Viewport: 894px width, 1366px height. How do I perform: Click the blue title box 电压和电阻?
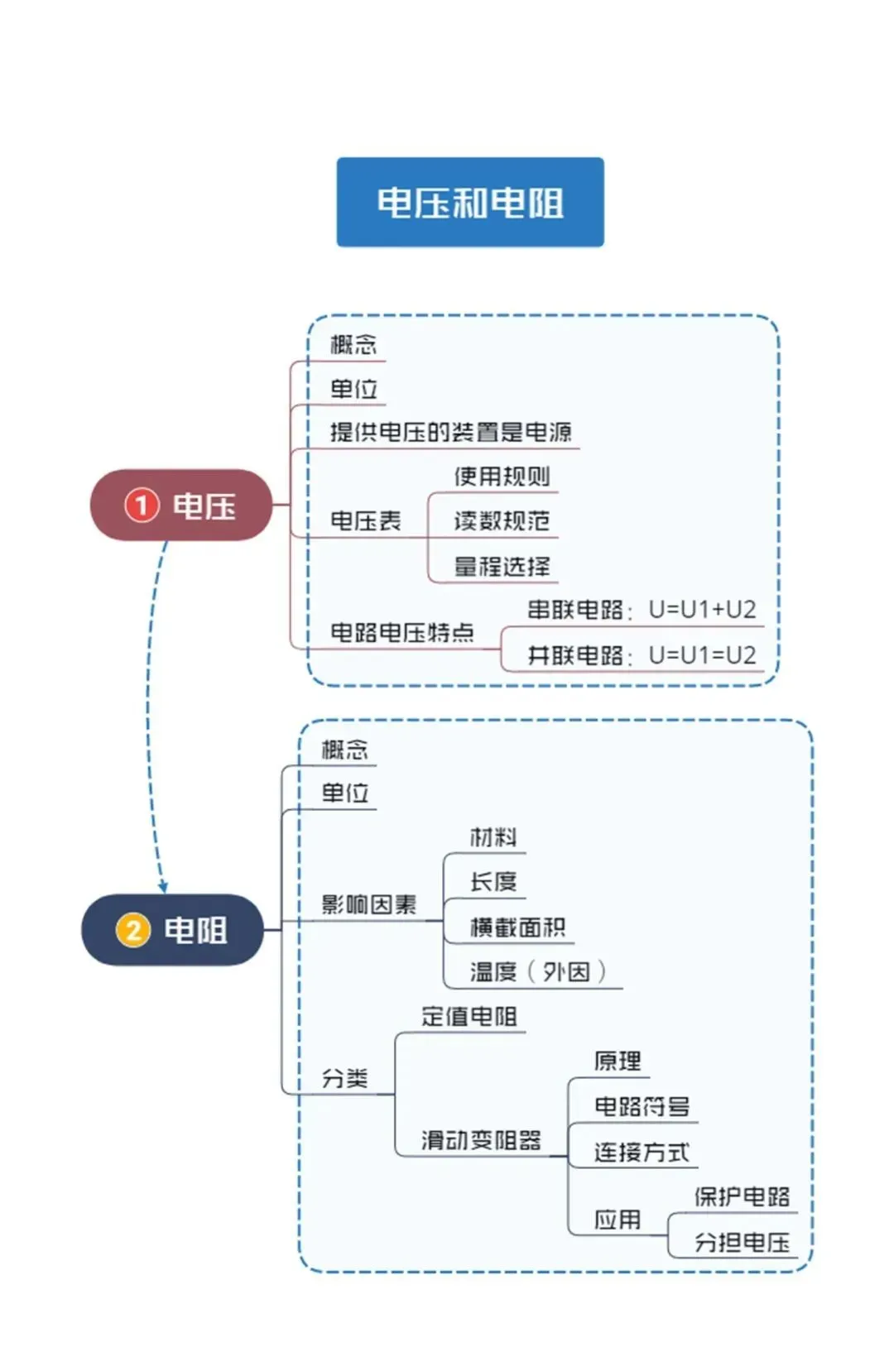(470, 202)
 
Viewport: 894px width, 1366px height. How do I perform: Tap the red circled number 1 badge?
(142, 506)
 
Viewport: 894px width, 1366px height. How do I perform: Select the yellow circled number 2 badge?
(133, 930)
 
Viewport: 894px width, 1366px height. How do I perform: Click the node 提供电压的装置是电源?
(450, 432)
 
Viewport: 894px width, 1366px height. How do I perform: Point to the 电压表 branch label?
(365, 520)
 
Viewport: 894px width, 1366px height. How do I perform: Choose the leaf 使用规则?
(502, 476)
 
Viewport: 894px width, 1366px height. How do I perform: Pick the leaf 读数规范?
(502, 520)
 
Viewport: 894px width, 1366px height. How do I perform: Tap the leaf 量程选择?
(502, 566)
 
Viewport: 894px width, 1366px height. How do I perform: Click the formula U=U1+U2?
(702, 609)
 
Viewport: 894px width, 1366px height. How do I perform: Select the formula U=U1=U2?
(702, 655)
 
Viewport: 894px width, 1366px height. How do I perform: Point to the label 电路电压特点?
(401, 632)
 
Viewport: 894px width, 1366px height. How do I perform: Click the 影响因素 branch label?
(368, 903)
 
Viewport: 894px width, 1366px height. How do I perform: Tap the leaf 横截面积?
(517, 927)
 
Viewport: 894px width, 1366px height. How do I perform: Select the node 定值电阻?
(469, 1017)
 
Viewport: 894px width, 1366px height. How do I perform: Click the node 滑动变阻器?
(481, 1140)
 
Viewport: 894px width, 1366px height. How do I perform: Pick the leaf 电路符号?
(642, 1106)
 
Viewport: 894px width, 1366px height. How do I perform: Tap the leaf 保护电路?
(742, 1196)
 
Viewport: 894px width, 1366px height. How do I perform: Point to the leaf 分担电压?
(742, 1242)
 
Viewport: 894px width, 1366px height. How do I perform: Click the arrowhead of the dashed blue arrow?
(163, 887)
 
